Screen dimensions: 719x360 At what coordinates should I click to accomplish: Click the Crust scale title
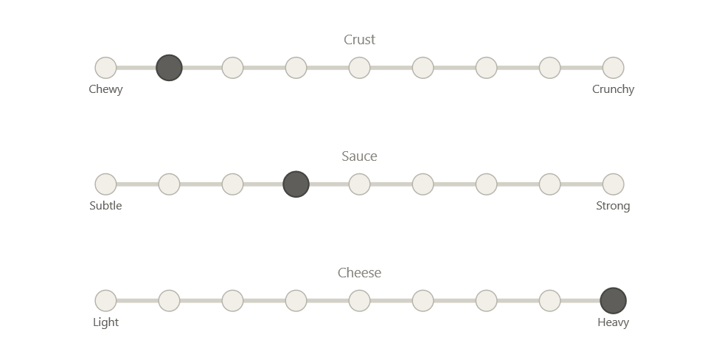coord(360,40)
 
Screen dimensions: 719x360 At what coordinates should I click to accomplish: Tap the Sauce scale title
coord(360,156)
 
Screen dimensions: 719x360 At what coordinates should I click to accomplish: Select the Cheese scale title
coord(360,273)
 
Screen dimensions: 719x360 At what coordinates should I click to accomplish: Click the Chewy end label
coord(105,89)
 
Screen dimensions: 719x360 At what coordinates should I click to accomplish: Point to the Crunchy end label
coord(614,89)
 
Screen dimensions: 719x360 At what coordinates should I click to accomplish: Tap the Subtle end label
coord(105,206)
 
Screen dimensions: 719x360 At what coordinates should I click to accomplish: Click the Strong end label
coord(614,206)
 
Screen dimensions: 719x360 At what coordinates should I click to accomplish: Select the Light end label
coord(105,322)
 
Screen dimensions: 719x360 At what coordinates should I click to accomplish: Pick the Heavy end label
coord(614,322)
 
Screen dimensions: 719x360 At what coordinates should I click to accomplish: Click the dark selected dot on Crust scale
coord(169,68)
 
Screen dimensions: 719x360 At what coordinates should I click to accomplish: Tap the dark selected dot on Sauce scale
coord(296,184)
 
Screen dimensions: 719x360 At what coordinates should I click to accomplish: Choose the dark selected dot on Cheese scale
coord(614,301)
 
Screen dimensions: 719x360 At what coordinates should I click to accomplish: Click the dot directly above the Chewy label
coord(105,68)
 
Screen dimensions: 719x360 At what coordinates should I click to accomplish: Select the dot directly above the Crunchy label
coord(614,68)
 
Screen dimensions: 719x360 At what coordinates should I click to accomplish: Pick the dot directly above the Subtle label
coord(105,184)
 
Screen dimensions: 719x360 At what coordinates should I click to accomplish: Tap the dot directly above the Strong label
coord(614,184)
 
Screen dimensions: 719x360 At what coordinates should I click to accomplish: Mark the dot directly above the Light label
coord(105,301)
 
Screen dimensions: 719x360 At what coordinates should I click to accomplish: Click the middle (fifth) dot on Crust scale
coord(359,68)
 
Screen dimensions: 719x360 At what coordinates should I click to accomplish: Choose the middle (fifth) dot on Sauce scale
coord(359,184)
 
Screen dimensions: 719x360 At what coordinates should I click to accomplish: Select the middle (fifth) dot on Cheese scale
coord(359,301)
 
